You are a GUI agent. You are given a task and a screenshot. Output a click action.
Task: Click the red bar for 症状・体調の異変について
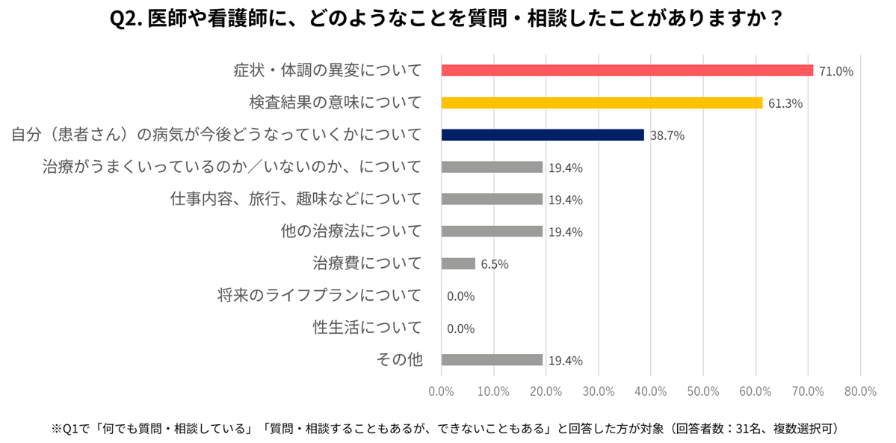coord(627,70)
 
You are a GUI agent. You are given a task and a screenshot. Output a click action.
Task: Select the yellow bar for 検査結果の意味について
coord(602,103)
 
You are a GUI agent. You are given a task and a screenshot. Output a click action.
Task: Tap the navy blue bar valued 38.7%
coord(543,135)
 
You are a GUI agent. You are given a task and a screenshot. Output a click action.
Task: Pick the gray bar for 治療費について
coord(458,263)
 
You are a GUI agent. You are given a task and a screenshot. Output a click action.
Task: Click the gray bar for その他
coord(492,360)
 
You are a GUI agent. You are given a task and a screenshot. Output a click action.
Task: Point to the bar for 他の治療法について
coord(492,231)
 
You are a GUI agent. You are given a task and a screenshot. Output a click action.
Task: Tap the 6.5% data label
coord(495,264)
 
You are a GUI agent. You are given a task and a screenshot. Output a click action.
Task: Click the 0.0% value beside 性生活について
coord(460,329)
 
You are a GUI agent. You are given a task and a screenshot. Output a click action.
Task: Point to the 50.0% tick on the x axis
coord(702,391)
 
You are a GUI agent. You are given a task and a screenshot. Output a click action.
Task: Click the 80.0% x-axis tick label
coord(860,391)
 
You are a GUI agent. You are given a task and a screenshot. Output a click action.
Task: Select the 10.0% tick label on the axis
coord(493,391)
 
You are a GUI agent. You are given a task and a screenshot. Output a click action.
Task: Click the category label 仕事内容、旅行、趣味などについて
coord(297,199)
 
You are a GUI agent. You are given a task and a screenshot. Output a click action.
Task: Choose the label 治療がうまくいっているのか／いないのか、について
coord(232,167)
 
